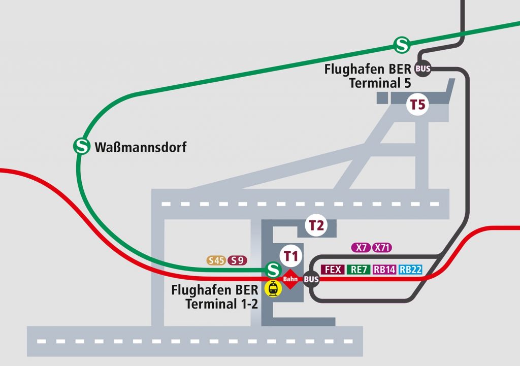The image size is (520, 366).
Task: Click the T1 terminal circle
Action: click(290, 256)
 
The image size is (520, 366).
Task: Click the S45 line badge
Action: click(216, 260)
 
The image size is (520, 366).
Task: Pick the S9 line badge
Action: click(237, 260)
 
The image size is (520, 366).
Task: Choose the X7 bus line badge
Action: click(361, 248)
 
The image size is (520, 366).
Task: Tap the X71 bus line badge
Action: click(382, 248)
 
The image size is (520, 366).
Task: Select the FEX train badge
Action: click(333, 270)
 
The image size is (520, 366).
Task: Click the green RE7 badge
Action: click(359, 270)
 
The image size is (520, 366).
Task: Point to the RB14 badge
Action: click(384, 270)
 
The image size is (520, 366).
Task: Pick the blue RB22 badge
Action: click(410, 270)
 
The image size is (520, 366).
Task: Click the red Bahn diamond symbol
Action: click(289, 279)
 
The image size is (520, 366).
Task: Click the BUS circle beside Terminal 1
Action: click(311, 279)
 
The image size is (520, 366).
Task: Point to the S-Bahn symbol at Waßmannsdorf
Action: click(81, 147)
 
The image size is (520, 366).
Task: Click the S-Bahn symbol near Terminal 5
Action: click(402, 45)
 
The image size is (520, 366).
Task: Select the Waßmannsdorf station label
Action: click(141, 148)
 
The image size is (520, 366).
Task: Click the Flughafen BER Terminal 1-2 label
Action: click(215, 297)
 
